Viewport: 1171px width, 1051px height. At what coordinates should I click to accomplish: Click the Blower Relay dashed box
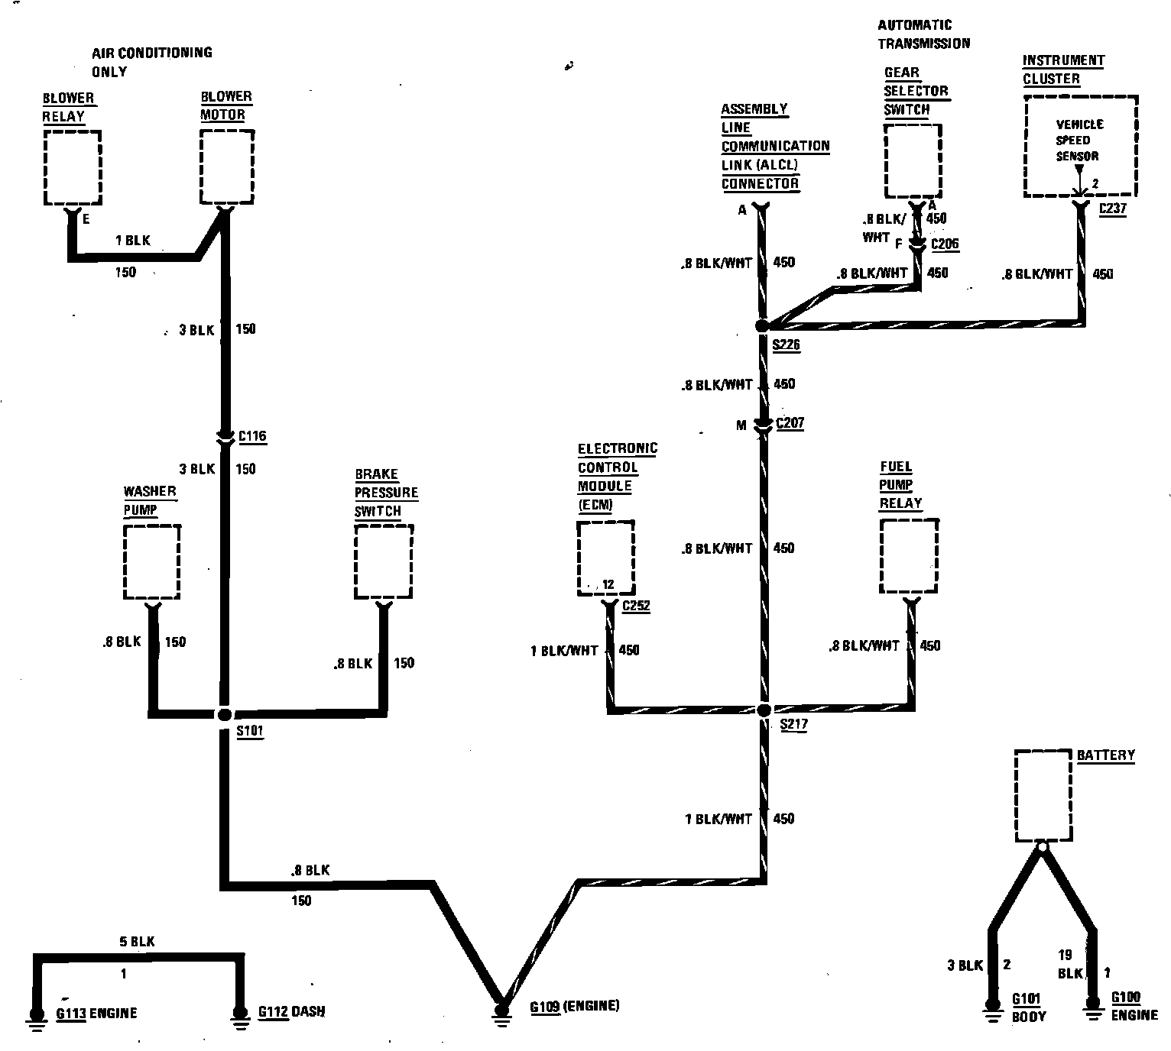(x=73, y=167)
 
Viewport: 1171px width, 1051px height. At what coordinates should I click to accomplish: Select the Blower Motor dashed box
(x=227, y=167)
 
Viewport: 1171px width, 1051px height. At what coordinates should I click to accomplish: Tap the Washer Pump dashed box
(x=151, y=561)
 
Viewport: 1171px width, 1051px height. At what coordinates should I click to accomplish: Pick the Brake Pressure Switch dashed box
(x=384, y=561)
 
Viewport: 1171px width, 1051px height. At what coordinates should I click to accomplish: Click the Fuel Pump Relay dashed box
(x=909, y=556)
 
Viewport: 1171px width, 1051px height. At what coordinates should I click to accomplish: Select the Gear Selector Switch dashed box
(x=913, y=160)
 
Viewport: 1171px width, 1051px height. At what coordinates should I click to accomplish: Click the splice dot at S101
(x=224, y=714)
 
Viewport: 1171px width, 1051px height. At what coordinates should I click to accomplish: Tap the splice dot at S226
(x=761, y=326)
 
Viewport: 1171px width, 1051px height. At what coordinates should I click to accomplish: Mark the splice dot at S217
(x=764, y=710)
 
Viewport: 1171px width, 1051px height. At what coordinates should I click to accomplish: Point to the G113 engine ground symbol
(x=36, y=1017)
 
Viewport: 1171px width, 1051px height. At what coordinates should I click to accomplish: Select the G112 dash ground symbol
(x=239, y=1017)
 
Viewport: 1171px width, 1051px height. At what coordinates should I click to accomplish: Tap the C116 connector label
(x=252, y=437)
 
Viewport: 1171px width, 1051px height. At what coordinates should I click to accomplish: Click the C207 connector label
(x=790, y=423)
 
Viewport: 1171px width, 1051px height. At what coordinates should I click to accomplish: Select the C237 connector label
(x=1112, y=208)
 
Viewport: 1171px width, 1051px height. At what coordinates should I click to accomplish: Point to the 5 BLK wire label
(x=137, y=942)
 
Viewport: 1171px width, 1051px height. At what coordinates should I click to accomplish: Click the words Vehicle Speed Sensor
(x=1079, y=140)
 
